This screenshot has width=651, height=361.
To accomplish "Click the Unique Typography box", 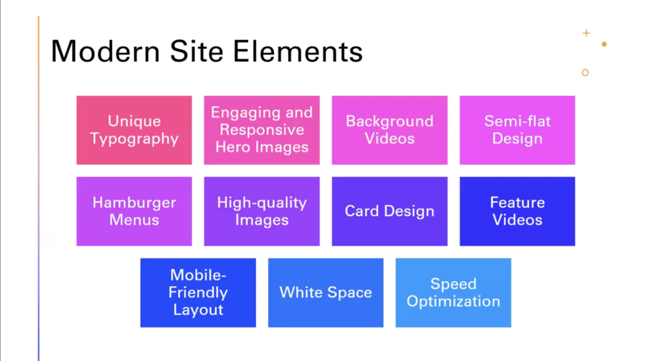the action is pyautogui.click(x=134, y=130).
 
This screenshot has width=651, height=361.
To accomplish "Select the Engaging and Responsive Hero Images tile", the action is pyautogui.click(x=261, y=130).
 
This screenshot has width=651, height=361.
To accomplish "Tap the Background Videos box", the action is pyautogui.click(x=390, y=130).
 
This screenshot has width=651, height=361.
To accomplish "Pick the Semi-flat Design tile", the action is pyautogui.click(x=517, y=130).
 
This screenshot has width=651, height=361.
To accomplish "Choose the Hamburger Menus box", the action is pyautogui.click(x=134, y=211).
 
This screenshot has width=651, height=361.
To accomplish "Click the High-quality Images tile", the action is pyautogui.click(x=261, y=211).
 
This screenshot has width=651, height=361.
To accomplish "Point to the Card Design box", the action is pyautogui.click(x=390, y=211).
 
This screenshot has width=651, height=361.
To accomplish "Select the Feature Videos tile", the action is pyautogui.click(x=517, y=211).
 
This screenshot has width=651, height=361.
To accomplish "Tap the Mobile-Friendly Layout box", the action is pyautogui.click(x=198, y=292).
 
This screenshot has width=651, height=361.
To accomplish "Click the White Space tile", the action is pyautogui.click(x=325, y=292).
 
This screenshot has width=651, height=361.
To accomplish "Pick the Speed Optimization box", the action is pyautogui.click(x=453, y=292).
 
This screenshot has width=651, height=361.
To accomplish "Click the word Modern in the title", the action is pyautogui.click(x=106, y=51).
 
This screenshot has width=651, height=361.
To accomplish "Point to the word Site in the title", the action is pyautogui.click(x=196, y=51).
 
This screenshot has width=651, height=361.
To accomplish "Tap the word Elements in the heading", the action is pyautogui.click(x=298, y=51).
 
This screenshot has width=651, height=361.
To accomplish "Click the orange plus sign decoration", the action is pyautogui.click(x=586, y=33).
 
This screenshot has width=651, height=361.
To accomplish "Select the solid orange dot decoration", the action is pyautogui.click(x=604, y=44).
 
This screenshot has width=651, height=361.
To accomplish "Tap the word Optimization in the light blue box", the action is pyautogui.click(x=453, y=302).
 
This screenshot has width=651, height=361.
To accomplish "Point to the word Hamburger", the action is pyautogui.click(x=134, y=203).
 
